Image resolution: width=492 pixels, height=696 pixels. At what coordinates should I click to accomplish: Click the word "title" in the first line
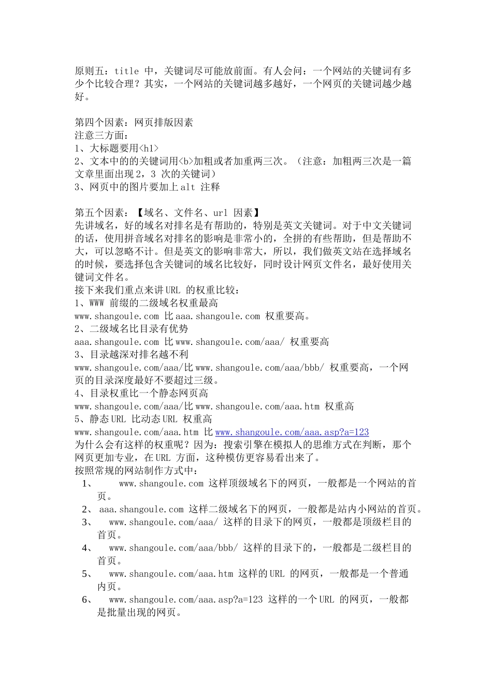pyautogui.click(x=127, y=71)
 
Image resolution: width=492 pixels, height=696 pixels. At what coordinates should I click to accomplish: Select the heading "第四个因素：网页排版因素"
pyautogui.click(x=134, y=122)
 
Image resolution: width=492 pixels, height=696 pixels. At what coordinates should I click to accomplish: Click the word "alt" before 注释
pyautogui.click(x=188, y=186)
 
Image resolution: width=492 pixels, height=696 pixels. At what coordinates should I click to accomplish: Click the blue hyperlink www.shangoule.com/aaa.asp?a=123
pyautogui.click(x=292, y=432)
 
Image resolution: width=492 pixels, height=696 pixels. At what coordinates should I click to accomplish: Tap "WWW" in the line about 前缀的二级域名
pyautogui.click(x=97, y=303)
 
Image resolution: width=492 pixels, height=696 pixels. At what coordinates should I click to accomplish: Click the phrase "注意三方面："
pyautogui.click(x=102, y=135)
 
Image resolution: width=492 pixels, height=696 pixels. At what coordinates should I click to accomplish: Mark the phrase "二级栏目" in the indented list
pyautogui.click(x=387, y=548)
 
